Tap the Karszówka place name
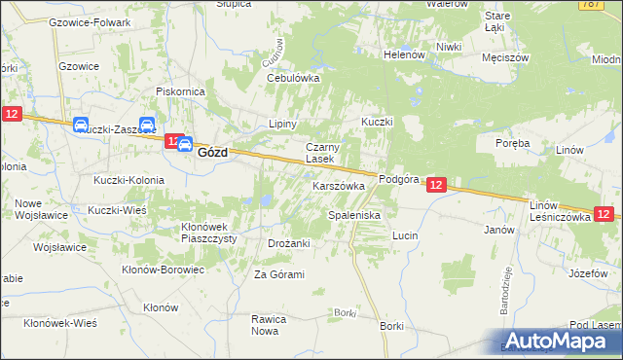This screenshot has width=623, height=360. pos(338,185)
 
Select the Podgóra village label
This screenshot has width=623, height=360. pos(398,179)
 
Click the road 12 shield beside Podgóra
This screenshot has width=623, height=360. pos(436,184)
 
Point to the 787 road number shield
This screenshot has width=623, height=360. pos(612,4)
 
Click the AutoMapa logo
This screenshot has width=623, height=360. pos(559,341)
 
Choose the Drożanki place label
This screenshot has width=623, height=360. pos(288,243)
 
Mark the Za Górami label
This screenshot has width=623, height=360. pos(279,274)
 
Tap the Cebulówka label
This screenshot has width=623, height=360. pos(293,78)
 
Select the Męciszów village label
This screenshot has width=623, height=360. pos(505,57)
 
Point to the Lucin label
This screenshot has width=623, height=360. pos(405,235)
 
